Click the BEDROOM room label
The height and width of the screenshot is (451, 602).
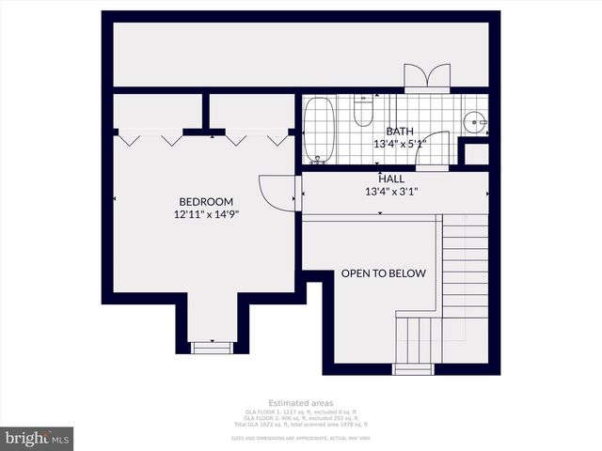pyautogui.click(x=206, y=201)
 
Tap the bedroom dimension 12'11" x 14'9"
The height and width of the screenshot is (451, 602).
pyautogui.click(x=206, y=214)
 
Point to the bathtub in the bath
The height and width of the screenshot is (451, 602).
pyautogui.click(x=318, y=129)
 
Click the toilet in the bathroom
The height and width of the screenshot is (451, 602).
pyautogui.click(x=363, y=113)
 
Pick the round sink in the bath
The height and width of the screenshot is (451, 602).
pyautogui.click(x=475, y=120)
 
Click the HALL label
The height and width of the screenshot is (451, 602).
pyautogui.click(x=391, y=179)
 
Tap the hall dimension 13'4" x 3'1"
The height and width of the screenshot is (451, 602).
pyautogui.click(x=391, y=192)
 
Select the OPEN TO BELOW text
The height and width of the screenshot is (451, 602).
pyautogui.click(x=383, y=273)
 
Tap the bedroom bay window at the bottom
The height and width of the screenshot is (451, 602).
pyautogui.click(x=211, y=346)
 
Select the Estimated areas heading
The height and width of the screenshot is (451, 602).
pyautogui.click(x=300, y=403)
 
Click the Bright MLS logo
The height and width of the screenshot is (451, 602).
pyautogui.click(x=37, y=439)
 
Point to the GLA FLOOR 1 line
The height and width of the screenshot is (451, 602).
pyautogui.click(x=300, y=412)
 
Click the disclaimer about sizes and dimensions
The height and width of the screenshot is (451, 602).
pyautogui.click(x=300, y=438)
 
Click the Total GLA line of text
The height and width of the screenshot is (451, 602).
pyautogui.click(x=300, y=426)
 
